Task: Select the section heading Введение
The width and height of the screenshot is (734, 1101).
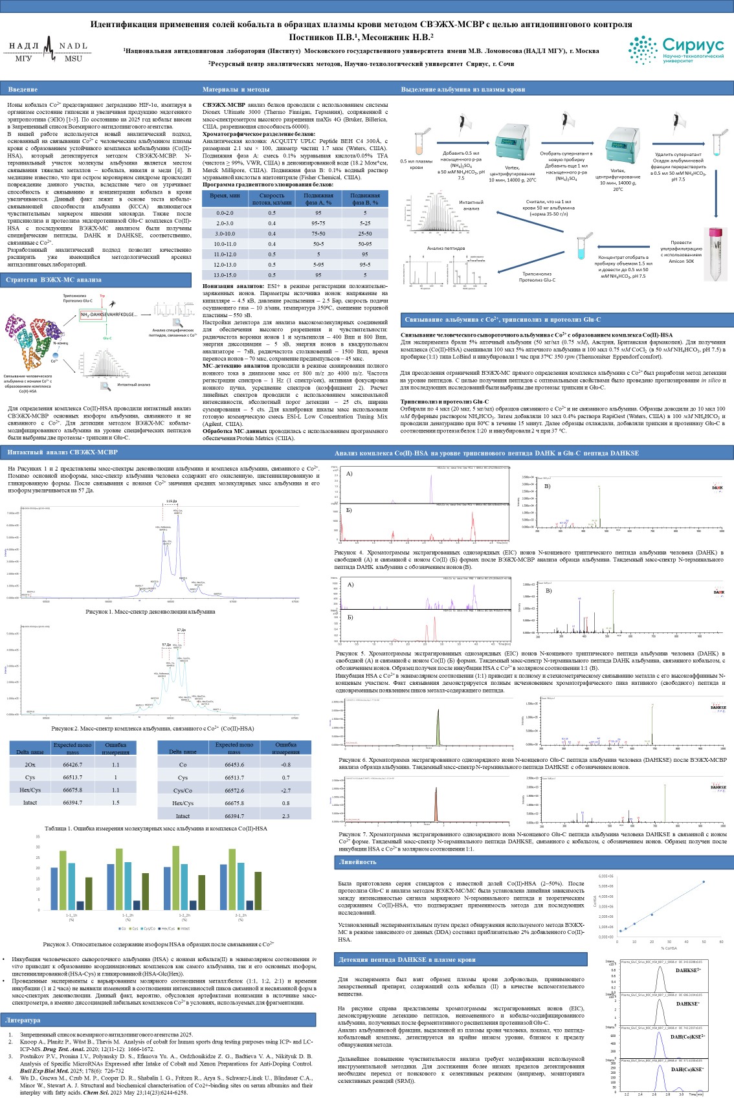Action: click(23, 89)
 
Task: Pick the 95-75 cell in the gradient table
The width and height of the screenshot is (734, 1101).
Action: click(318, 223)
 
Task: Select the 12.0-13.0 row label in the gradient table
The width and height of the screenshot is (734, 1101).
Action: click(225, 265)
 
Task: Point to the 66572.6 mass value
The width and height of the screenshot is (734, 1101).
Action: click(234, 791)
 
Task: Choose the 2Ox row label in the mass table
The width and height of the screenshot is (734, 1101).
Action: click(30, 765)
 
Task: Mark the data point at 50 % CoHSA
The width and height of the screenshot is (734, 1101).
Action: click(704, 882)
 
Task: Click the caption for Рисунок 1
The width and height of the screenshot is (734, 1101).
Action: click(150, 611)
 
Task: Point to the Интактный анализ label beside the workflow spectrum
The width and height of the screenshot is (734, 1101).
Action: click(471, 205)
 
